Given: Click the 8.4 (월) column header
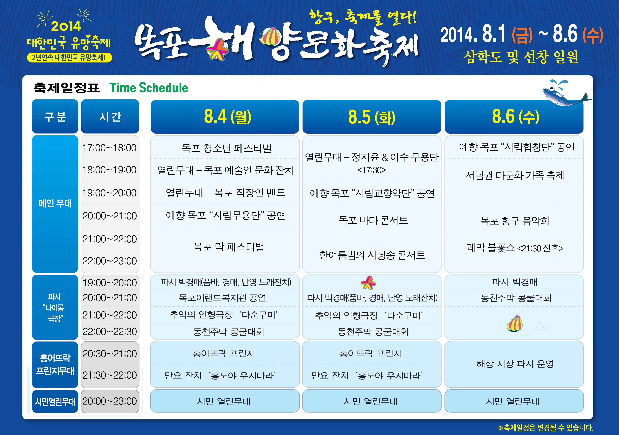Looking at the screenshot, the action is pos(225,117).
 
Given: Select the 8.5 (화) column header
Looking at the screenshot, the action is pos(372,117).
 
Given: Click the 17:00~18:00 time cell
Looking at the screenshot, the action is pos(110,148).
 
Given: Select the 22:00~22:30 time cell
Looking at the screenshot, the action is pos(110,332).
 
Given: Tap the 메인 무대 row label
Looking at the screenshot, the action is pos(55,204).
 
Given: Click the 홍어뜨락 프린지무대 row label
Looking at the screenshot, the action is pos(55,364).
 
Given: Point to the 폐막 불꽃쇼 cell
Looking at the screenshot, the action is pos(515,248).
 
